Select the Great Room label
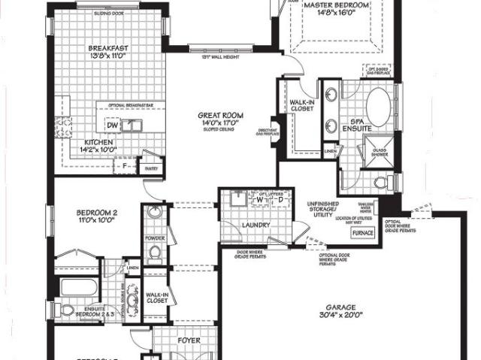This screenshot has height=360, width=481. pyautogui.click(x=219, y=115)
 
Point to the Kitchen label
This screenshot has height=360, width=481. pyautogui.click(x=98, y=142)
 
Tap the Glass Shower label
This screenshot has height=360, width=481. pyautogui.click(x=384, y=152)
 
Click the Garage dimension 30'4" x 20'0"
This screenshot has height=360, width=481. pyautogui.click(x=346, y=317)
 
